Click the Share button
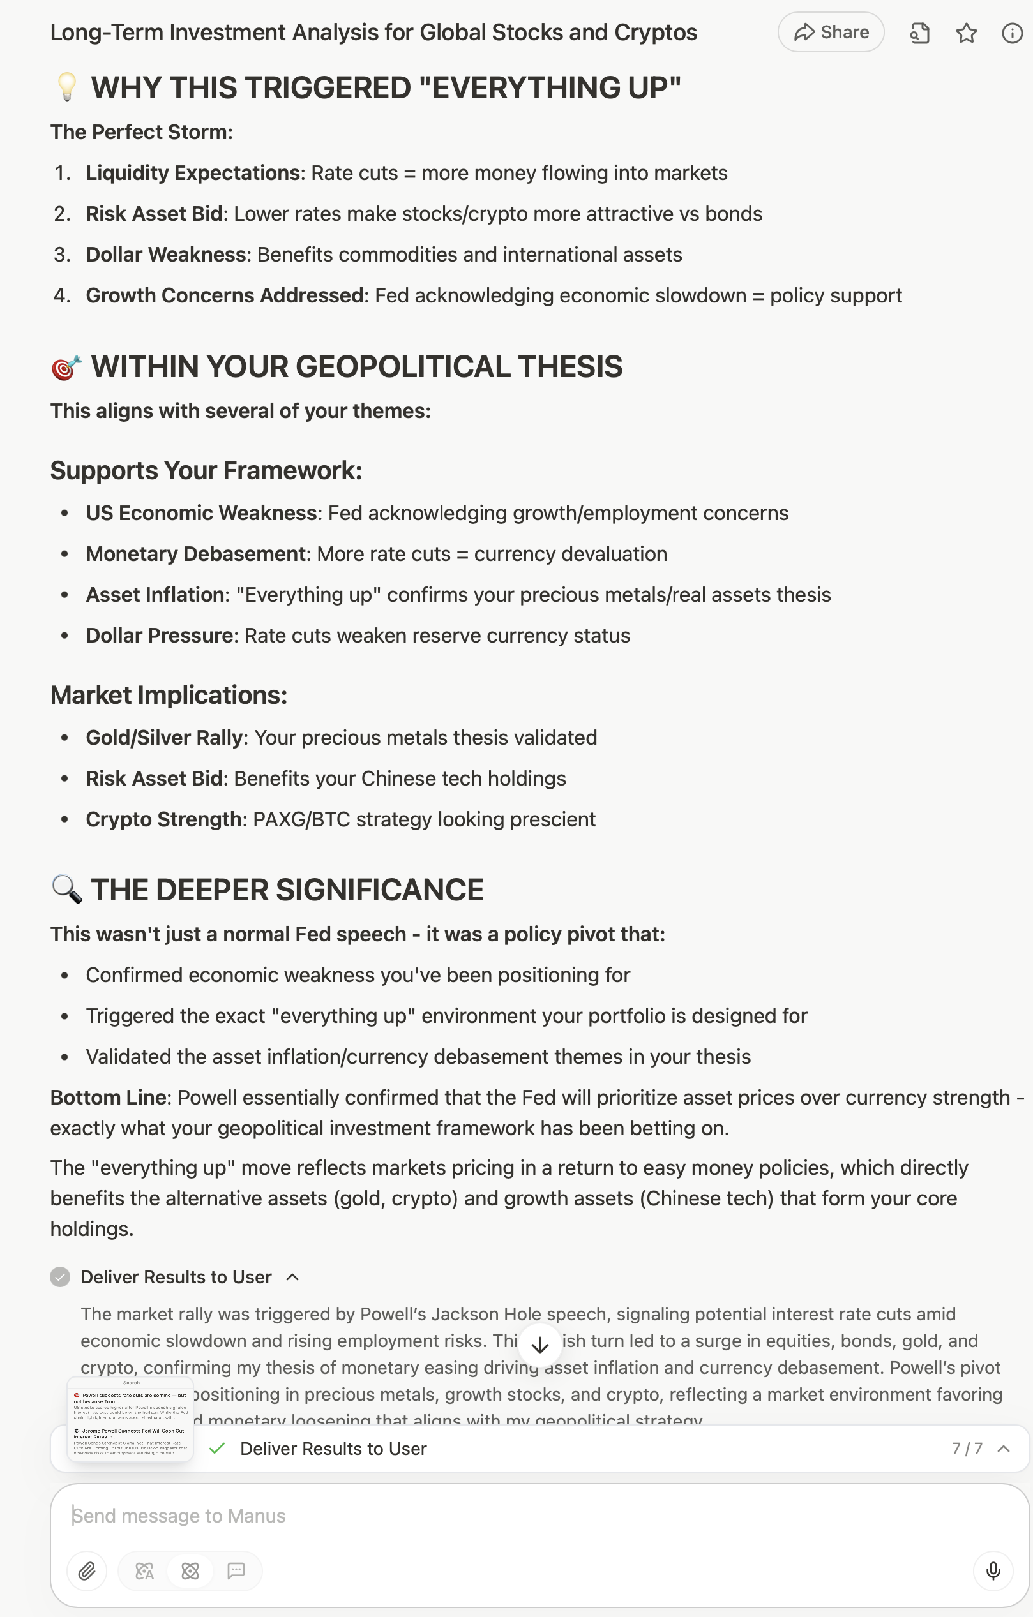[x=831, y=33]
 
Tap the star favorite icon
[x=966, y=33]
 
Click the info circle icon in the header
[x=1011, y=33]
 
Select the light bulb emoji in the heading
[x=66, y=88]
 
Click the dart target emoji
[x=66, y=368]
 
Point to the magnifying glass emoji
[x=66, y=890]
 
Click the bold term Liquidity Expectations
[x=192, y=174]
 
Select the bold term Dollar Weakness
[x=165, y=255]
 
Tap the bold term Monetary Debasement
[x=195, y=554]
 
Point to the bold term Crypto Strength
[x=163, y=820]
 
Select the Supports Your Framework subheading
[x=206, y=471]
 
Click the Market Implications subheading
[x=169, y=696]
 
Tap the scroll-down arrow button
[x=540, y=1345]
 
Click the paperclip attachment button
[x=87, y=1571]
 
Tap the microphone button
[x=993, y=1571]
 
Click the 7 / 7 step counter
[x=967, y=1449]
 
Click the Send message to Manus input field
[x=511, y=1516]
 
